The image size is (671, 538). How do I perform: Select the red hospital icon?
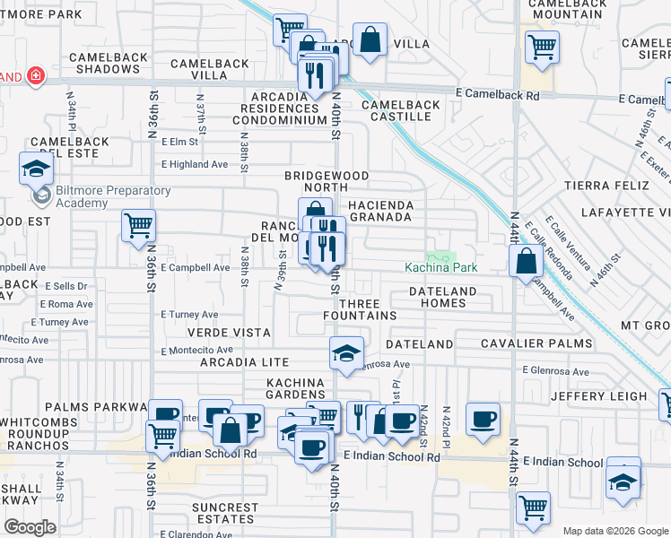(35, 76)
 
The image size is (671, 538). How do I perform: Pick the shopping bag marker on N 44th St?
(527, 261)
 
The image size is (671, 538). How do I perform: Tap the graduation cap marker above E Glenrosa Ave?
(345, 352)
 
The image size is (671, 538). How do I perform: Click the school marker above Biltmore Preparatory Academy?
(36, 167)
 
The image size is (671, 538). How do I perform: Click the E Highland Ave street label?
(195, 164)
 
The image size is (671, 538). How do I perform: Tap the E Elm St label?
(179, 142)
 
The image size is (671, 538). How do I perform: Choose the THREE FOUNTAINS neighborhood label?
(361, 309)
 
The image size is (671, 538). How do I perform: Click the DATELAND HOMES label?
(449, 297)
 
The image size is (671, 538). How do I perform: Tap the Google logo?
(30, 527)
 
